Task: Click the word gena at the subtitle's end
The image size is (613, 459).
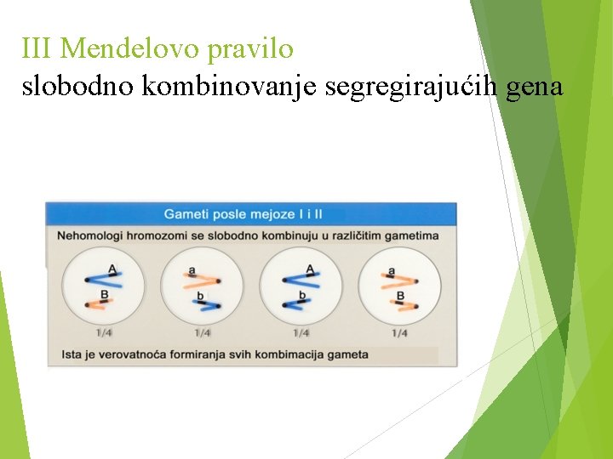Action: pos(534,87)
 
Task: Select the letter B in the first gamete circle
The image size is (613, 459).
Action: pos(104,295)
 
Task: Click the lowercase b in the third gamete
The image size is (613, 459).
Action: pos(301,296)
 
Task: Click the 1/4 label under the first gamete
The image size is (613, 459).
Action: pos(104,333)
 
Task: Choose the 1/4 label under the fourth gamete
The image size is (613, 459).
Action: pos(398,333)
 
